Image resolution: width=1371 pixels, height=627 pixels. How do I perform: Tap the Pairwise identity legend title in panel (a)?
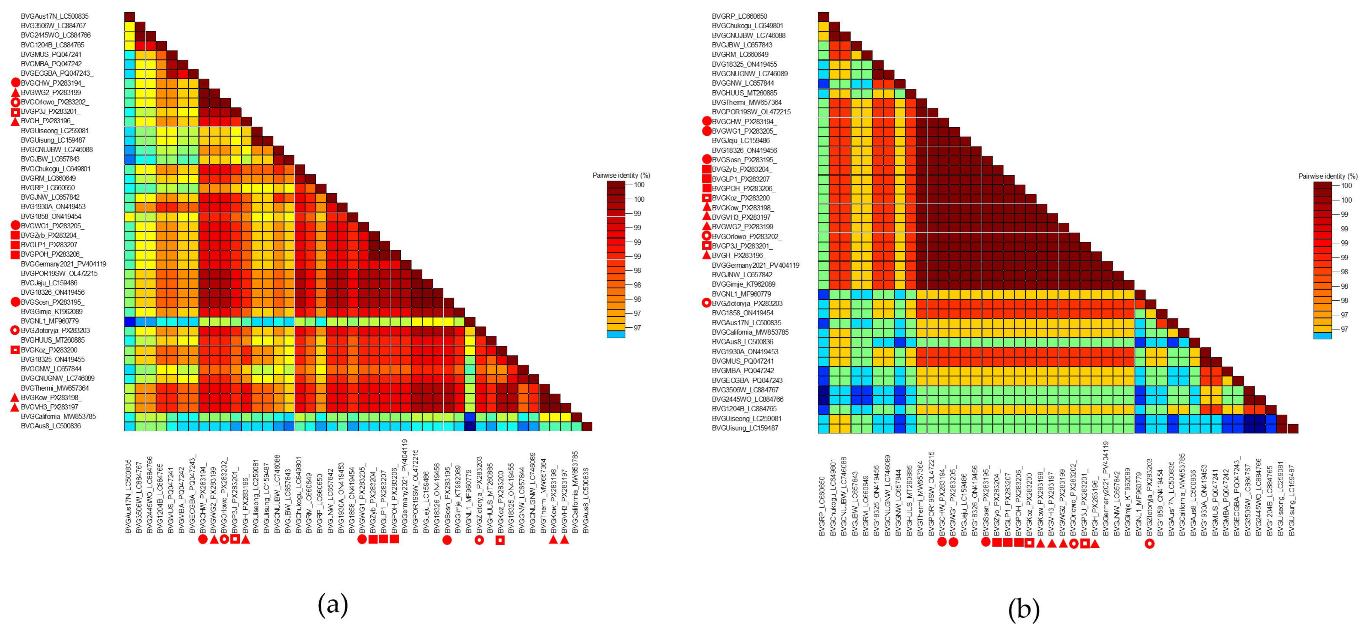pyautogui.click(x=621, y=175)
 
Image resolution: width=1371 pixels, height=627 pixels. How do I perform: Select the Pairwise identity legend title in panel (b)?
pyautogui.click(x=1327, y=176)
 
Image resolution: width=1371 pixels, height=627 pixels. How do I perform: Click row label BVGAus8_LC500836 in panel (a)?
pyautogui.click(x=51, y=426)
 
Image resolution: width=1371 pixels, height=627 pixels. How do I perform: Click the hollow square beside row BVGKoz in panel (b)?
pyautogui.click(x=706, y=198)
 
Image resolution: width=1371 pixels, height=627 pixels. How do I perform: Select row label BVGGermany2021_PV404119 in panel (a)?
pyautogui.click(x=63, y=264)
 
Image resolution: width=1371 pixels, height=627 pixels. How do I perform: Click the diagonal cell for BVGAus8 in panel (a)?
pyautogui.click(x=587, y=426)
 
